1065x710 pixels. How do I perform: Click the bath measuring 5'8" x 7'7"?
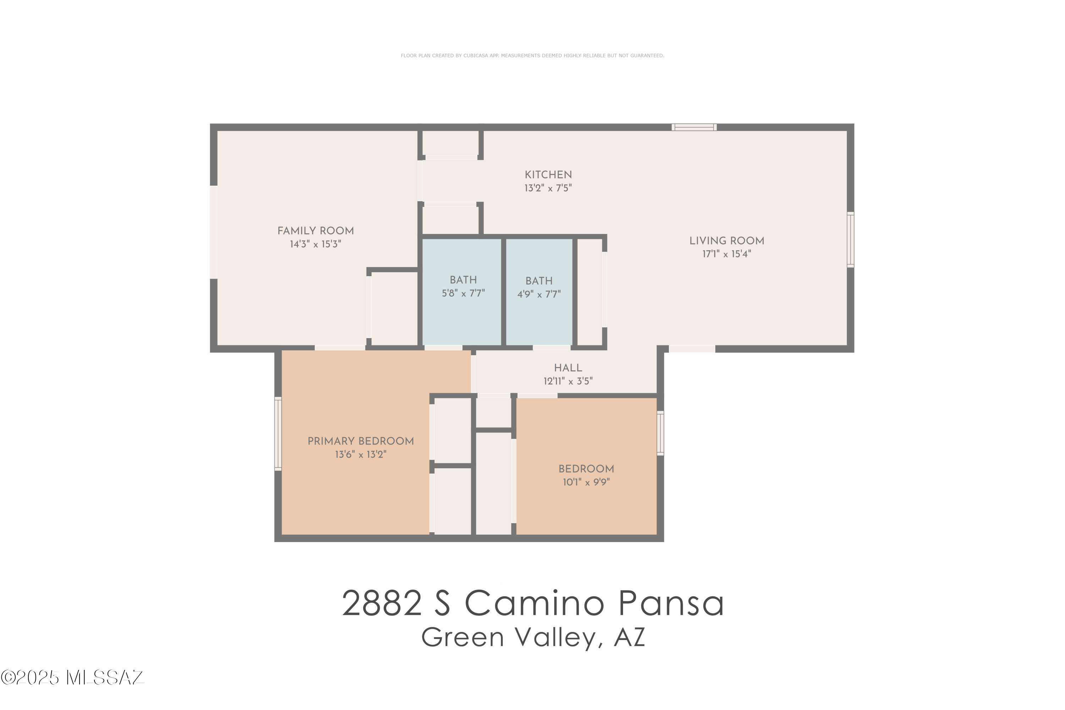tap(463, 286)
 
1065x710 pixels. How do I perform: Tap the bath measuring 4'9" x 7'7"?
tap(539, 287)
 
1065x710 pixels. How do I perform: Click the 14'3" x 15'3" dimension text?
tap(316, 244)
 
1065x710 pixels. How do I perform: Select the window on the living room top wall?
tap(694, 127)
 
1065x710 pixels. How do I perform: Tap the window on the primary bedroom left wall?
tap(278, 433)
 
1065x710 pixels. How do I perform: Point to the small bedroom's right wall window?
tap(660, 433)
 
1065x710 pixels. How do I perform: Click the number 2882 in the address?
tap(382, 603)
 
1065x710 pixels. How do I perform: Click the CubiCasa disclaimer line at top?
tap(532, 56)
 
